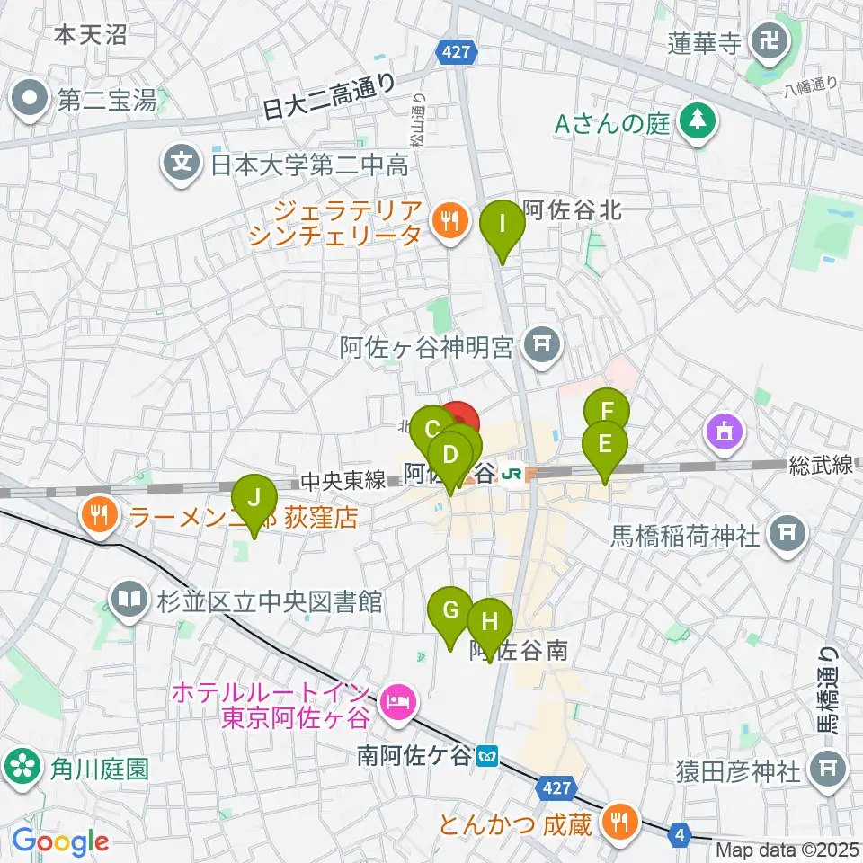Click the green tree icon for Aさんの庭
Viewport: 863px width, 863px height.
pyautogui.click(x=696, y=124)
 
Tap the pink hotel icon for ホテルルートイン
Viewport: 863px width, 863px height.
pyautogui.click(x=396, y=698)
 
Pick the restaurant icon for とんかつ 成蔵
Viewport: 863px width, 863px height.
pyautogui.click(x=618, y=821)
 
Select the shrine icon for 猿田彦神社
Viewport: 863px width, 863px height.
pyautogui.click(x=824, y=770)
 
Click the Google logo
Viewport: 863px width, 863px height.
pyautogui.click(x=60, y=841)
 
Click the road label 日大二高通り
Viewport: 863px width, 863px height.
pyautogui.click(x=329, y=97)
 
